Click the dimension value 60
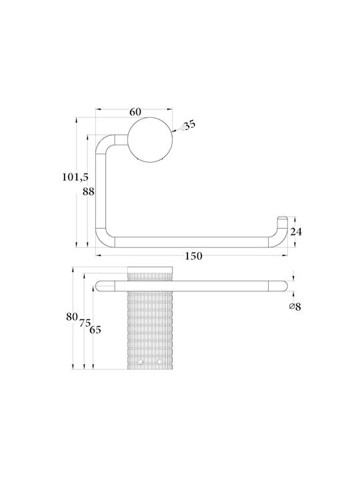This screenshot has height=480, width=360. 135,113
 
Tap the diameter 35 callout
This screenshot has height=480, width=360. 187,125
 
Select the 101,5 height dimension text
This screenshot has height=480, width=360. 75,177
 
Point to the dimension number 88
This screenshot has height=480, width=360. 89,192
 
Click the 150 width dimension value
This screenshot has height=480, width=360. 193,256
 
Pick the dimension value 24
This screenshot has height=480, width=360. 296,232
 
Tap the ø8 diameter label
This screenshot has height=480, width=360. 295,306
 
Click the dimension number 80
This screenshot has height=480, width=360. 71,317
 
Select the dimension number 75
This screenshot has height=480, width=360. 85,323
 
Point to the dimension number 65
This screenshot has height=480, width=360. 95,330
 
